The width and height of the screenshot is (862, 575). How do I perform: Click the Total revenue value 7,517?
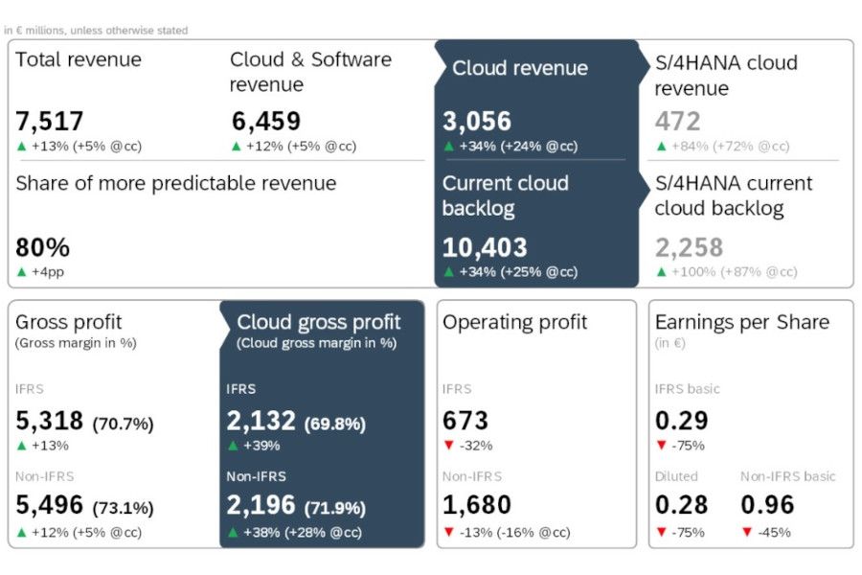point(50,122)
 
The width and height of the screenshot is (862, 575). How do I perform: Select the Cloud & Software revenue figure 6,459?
point(266,122)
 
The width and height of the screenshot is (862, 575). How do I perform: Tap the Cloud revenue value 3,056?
point(477,122)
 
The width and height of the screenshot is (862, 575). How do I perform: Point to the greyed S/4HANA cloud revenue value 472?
point(678,122)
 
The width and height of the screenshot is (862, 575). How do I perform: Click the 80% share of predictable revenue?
point(43,247)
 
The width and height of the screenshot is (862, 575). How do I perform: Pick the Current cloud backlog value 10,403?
point(485,247)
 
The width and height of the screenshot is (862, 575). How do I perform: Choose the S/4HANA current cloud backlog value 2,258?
point(690,247)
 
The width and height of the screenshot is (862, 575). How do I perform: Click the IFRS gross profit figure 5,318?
point(50,421)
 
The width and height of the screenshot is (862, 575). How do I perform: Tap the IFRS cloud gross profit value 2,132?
point(261,421)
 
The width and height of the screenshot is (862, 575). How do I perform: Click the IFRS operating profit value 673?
point(465,421)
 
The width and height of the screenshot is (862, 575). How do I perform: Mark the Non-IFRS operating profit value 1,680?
point(477,505)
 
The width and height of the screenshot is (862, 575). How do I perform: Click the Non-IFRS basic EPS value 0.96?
point(767,505)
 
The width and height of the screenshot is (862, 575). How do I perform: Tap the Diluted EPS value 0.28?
point(682,505)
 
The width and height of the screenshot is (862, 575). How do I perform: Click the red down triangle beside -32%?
point(448,446)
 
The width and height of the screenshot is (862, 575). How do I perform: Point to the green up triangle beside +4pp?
point(22,272)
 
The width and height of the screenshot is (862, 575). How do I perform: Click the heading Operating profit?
point(514,323)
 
